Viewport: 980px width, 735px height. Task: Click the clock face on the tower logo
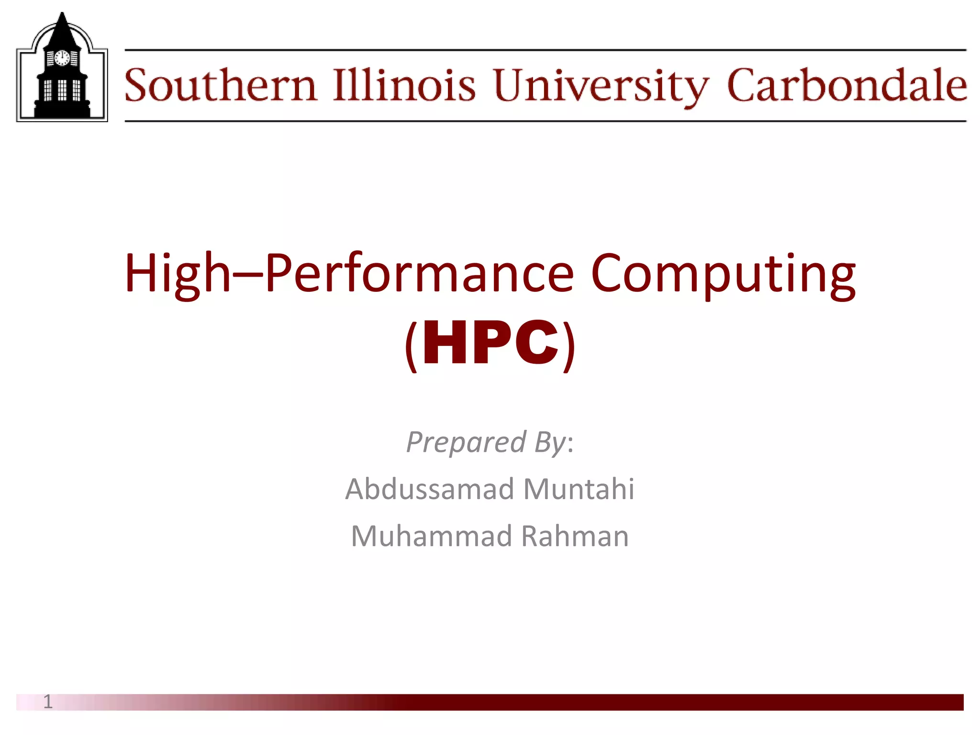[62, 58]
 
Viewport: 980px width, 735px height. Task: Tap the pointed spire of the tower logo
[62, 24]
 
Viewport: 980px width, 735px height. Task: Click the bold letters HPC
[490, 343]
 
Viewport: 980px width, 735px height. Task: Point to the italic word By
[550, 443]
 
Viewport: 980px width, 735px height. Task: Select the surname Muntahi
[579, 489]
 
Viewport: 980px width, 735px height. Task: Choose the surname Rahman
[575, 536]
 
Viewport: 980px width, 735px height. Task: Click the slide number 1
[47, 702]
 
